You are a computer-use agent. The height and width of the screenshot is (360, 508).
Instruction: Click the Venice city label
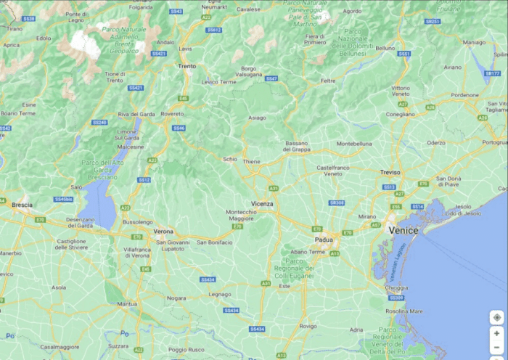pos(403,229)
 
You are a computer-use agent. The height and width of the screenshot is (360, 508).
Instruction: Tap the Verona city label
pos(163,231)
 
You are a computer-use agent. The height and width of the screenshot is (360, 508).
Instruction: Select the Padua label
pos(324,239)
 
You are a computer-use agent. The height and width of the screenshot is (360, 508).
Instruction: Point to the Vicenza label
pos(263,204)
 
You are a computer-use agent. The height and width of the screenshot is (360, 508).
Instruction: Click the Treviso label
pos(390,172)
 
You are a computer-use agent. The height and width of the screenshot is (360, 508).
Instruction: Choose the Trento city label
pos(187,66)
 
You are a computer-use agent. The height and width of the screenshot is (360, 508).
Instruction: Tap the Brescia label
pos(22,205)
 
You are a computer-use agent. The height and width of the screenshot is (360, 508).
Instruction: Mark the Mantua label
pos(128,303)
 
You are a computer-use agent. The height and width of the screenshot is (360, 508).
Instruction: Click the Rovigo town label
pos(308,326)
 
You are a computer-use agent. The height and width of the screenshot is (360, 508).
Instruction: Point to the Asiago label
pos(257,117)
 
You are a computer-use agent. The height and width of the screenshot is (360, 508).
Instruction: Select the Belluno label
pos(385,48)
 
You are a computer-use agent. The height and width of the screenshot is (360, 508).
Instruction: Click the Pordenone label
pos(464,94)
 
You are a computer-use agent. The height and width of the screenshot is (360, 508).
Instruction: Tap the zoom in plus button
pos(496,332)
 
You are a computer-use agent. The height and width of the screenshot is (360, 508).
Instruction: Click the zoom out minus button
pos(496,347)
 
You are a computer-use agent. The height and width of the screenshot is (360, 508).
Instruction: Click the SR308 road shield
pos(336,202)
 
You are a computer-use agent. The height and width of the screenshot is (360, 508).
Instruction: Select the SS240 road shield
pos(99,122)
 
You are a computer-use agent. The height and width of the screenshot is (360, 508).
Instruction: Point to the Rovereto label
pos(173,113)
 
